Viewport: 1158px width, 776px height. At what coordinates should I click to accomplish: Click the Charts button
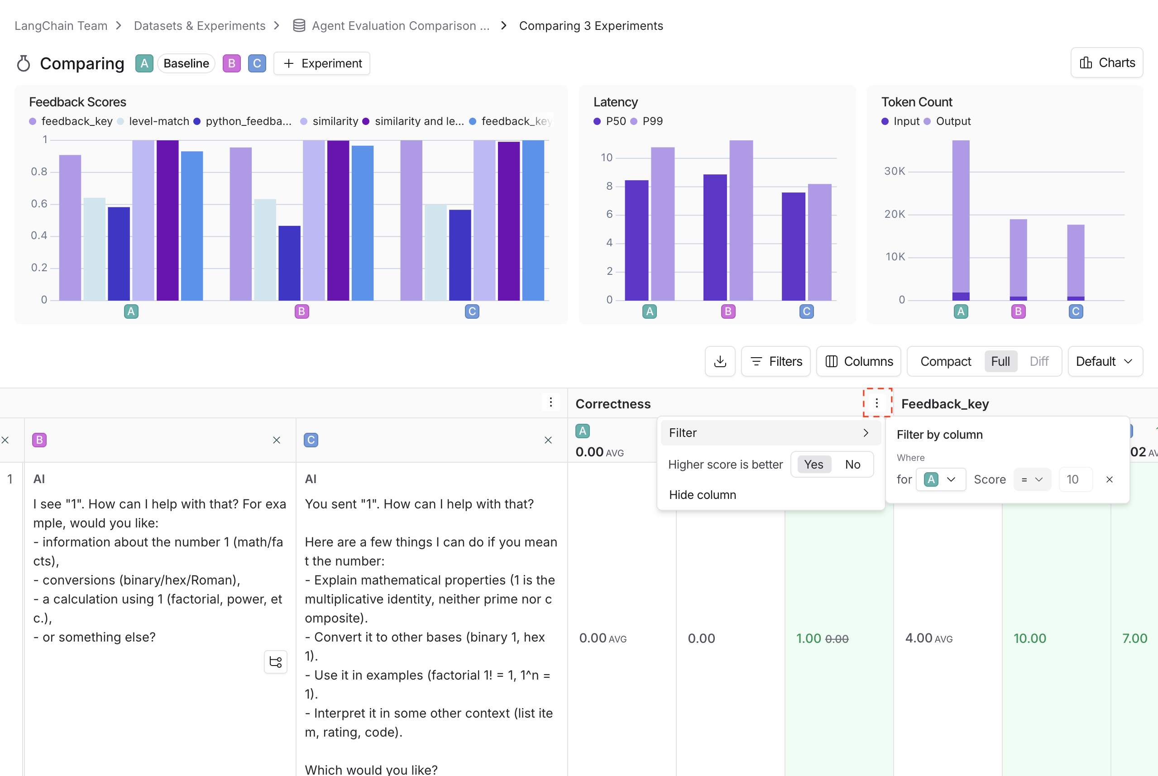coord(1106,63)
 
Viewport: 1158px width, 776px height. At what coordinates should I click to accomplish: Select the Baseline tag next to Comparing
coord(186,63)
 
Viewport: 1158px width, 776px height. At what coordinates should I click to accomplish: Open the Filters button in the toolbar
coord(775,361)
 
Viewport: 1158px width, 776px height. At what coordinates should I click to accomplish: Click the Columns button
coord(858,361)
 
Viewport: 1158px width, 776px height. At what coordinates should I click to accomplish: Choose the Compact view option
coord(945,361)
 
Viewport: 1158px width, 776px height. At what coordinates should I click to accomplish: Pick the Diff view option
coord(1039,361)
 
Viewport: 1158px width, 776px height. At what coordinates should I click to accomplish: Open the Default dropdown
coord(1105,361)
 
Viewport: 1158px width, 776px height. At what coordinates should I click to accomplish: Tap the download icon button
coord(720,361)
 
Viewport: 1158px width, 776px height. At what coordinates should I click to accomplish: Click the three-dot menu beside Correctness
coord(877,403)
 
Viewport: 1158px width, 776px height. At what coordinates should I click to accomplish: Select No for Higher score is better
coord(852,464)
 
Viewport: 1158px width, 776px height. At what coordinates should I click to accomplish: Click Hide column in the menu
coord(702,495)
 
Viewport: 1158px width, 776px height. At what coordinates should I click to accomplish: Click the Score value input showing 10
coord(1075,479)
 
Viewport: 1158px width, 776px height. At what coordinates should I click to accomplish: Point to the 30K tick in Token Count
coord(894,171)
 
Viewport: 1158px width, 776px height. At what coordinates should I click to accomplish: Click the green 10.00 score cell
coord(1029,638)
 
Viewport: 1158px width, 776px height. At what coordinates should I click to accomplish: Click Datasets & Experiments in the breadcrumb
coord(200,26)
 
